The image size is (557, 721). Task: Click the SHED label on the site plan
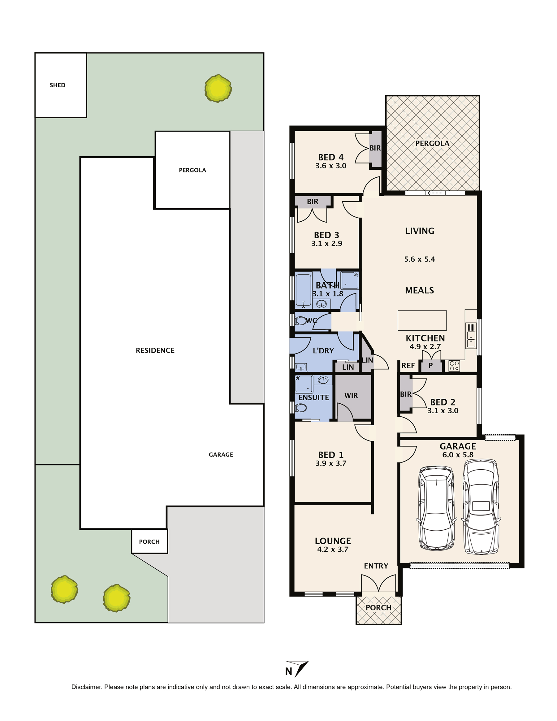(x=58, y=85)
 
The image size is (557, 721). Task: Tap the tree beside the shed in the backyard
(x=218, y=89)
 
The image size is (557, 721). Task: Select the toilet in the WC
(x=300, y=320)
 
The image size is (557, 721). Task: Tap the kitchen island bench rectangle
(x=422, y=320)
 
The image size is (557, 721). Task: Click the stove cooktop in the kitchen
(x=454, y=366)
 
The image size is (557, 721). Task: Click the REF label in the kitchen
(x=408, y=365)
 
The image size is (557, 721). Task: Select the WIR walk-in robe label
(x=351, y=396)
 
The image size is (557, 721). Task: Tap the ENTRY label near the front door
(x=376, y=566)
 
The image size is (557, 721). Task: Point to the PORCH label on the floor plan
(x=378, y=607)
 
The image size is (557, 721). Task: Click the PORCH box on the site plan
(x=149, y=541)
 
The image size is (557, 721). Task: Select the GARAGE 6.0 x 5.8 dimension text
(x=458, y=454)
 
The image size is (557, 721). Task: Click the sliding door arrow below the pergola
(x=435, y=193)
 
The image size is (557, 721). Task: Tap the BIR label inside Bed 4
(x=375, y=148)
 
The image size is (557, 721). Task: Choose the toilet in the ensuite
(x=300, y=408)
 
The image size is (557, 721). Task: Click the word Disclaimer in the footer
(x=86, y=687)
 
